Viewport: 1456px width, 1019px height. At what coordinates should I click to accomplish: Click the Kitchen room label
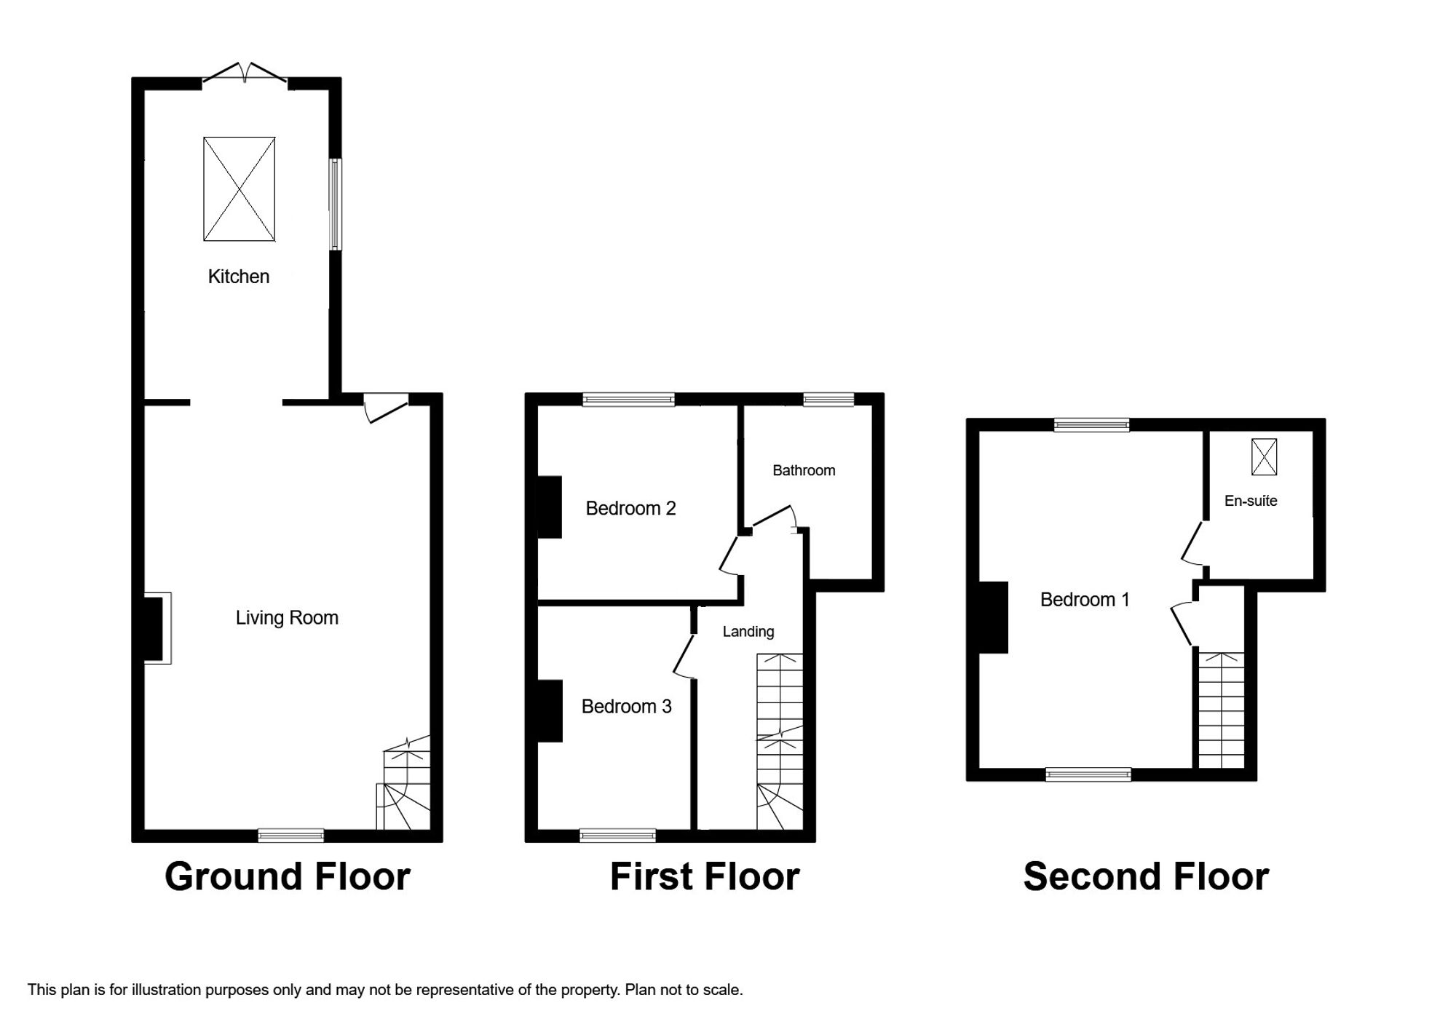coord(239,277)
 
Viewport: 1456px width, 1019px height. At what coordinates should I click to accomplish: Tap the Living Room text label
coord(287,618)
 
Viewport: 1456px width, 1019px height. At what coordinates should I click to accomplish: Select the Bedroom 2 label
coord(630,508)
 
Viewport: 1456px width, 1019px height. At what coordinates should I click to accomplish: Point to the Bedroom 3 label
coord(626,706)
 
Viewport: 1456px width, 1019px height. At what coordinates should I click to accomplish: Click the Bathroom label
coord(804,470)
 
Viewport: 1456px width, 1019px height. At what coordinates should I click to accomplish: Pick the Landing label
coord(748,632)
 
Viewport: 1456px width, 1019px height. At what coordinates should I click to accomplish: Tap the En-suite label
coord(1251,501)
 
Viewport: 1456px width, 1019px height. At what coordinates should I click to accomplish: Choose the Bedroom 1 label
coord(1085,600)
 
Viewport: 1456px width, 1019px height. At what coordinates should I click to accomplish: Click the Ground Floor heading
coord(288,876)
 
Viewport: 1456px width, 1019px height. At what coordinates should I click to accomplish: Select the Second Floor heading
coord(1146,876)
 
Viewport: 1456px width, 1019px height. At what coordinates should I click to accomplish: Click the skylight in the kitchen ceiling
coord(240,189)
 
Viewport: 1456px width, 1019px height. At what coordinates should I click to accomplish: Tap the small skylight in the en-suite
coord(1264,456)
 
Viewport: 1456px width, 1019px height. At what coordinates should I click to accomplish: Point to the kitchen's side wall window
coord(335,205)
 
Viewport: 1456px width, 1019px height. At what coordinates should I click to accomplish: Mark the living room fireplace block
coord(154,628)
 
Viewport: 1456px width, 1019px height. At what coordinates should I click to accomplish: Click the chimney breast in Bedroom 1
coord(994,617)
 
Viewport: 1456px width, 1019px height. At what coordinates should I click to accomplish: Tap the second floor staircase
coord(1221,710)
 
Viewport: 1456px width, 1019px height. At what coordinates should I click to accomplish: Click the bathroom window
coord(828,399)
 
